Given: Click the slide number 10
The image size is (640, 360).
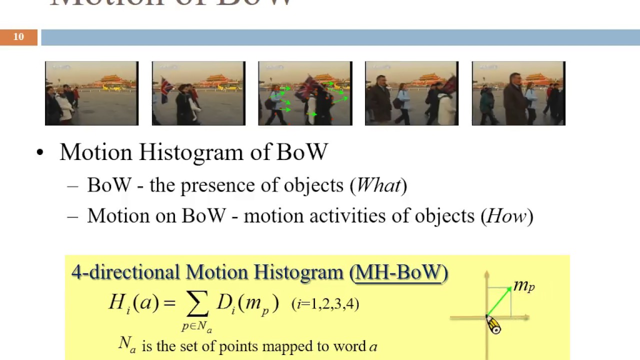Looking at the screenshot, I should pyautogui.click(x=18, y=37).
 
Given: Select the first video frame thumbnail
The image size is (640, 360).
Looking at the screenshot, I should pyautogui.click(x=91, y=93).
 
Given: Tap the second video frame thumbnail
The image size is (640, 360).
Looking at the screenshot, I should pyautogui.click(x=198, y=93).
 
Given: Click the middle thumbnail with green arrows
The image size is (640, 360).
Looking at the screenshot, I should pyautogui.click(x=305, y=93).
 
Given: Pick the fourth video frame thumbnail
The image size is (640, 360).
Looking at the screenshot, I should pyautogui.click(x=411, y=93).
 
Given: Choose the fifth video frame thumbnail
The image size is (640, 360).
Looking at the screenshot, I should pyautogui.click(x=518, y=93).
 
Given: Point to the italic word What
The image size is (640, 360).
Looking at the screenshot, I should pyautogui.click(x=378, y=185).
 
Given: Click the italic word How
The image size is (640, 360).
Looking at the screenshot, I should pyautogui.click(x=506, y=216).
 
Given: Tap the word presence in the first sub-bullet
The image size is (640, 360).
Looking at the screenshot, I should pyautogui.click(x=218, y=185).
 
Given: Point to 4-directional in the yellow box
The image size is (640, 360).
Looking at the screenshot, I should pyautogui.click(x=125, y=272).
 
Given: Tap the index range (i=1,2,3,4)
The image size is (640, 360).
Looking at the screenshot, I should pyautogui.click(x=325, y=304).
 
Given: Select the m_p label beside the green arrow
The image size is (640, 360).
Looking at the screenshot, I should pyautogui.click(x=524, y=286).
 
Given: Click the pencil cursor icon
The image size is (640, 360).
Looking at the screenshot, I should pyautogui.click(x=493, y=325).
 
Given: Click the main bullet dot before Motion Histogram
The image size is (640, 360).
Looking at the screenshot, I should pyautogui.click(x=40, y=152).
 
